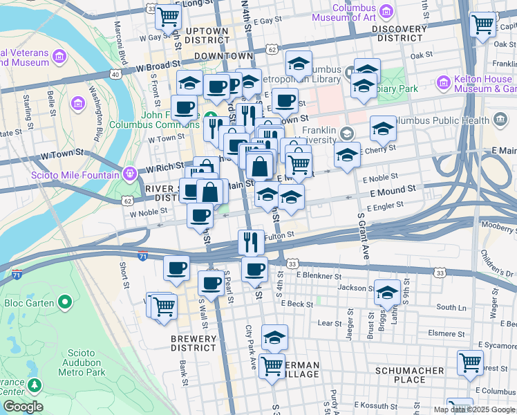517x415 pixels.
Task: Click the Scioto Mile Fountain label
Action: pyautogui.click(x=75, y=175)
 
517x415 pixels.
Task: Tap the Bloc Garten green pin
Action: pyautogui.click(x=66, y=302)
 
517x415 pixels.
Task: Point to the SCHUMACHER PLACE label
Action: pyautogui.click(x=409, y=375)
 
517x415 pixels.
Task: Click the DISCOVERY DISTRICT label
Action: pyautogui.click(x=408, y=33)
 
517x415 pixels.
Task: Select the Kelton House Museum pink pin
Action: pyautogui.click(x=444, y=84)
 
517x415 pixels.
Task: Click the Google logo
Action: pyautogui.click(x=22, y=407)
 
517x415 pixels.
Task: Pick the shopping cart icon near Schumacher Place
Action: pyautogui.click(x=470, y=362)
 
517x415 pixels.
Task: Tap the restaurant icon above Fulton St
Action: pyautogui.click(x=251, y=241)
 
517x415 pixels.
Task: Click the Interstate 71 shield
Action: pyautogui.click(x=142, y=256)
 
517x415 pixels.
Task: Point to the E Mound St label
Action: pyautogui.click(x=393, y=190)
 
